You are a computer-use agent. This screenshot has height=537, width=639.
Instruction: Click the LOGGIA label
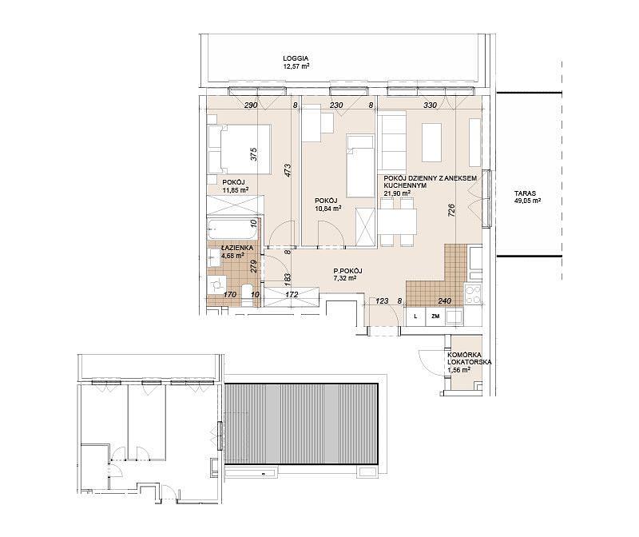tap(296, 58)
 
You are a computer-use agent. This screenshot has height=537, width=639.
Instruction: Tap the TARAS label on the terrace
tap(525, 193)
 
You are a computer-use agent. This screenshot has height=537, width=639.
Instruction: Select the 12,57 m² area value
tap(296, 66)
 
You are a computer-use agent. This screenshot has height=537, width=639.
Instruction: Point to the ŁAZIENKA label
tap(237, 248)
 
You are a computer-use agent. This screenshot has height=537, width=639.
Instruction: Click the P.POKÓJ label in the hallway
tap(347, 271)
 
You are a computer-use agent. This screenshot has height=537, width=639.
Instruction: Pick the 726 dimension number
tap(451, 211)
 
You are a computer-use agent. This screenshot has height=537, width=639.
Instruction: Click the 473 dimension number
tap(288, 170)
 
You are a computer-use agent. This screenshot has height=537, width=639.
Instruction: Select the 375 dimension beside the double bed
tap(254, 154)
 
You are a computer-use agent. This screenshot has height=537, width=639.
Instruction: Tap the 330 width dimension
tap(430, 105)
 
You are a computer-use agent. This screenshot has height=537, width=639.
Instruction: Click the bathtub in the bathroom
tap(233, 229)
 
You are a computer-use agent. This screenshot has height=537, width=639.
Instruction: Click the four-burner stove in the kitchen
tap(473, 294)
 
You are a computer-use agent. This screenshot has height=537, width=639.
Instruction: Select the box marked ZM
tap(435, 316)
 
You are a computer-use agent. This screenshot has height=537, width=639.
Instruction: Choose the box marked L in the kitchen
tap(415, 316)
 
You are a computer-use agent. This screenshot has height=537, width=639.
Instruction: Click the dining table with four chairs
tap(397, 222)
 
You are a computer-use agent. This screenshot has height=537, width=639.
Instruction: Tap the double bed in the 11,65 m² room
tap(239, 149)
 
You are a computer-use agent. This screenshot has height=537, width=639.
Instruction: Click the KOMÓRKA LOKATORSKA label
tap(469, 358)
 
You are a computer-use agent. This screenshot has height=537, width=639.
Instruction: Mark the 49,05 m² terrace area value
tap(527, 201)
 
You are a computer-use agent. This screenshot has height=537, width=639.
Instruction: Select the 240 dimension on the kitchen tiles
tap(444, 301)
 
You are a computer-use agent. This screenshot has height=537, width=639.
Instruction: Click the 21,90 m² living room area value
tap(397, 193)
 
